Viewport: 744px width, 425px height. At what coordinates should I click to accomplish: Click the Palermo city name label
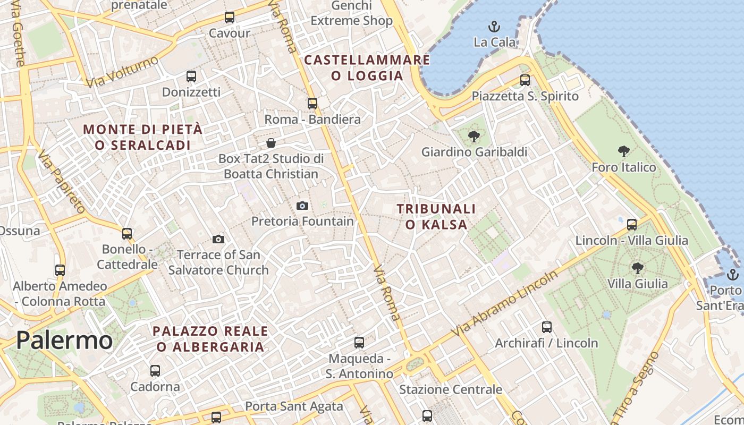tap(64, 341)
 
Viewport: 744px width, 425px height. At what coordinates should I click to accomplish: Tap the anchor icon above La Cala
tap(494, 26)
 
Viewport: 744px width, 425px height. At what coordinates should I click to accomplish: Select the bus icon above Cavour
tap(230, 18)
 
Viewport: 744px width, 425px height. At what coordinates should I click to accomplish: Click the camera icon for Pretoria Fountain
tap(302, 206)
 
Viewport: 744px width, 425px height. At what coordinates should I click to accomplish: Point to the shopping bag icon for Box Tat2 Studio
tap(271, 143)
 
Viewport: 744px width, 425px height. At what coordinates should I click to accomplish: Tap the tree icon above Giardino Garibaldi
tap(474, 137)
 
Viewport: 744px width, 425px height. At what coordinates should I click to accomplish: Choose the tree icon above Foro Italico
tap(624, 151)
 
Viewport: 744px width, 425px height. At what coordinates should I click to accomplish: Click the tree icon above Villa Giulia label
tap(637, 268)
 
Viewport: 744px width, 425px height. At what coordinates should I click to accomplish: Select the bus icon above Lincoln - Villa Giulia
tap(632, 225)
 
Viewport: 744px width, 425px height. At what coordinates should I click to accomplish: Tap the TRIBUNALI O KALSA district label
tap(436, 217)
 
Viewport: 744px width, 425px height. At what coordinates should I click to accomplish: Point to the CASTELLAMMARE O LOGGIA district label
tap(367, 68)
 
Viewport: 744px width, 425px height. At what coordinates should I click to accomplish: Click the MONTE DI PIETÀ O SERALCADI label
tap(143, 137)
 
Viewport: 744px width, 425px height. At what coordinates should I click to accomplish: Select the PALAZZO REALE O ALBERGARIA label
tap(210, 339)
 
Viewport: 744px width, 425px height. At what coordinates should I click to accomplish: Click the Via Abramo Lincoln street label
tap(505, 303)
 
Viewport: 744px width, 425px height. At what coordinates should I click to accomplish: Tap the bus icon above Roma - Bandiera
tap(312, 104)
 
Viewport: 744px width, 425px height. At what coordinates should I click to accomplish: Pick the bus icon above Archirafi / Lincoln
tap(547, 327)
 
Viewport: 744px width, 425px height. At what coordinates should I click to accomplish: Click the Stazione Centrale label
tap(451, 389)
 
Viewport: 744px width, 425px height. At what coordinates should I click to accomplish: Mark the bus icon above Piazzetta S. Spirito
tap(525, 80)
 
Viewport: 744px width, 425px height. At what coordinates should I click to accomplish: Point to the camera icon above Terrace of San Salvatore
tap(218, 239)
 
